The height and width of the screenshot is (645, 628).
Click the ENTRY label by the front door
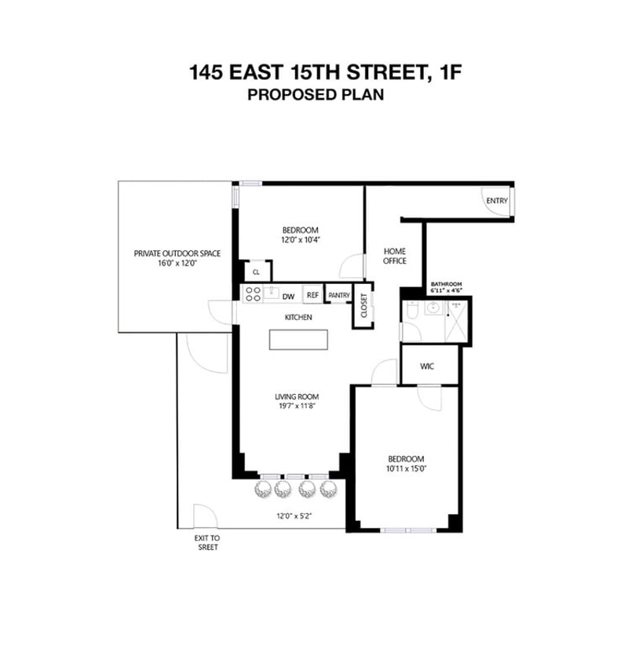(x=497, y=201)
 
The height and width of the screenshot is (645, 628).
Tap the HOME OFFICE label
(x=395, y=256)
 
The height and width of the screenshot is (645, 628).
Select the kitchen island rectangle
(x=298, y=340)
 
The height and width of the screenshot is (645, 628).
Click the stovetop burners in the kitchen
(x=253, y=294)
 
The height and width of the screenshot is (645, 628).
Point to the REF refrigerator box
(x=312, y=295)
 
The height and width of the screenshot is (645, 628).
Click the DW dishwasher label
(x=288, y=297)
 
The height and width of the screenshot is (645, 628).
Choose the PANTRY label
(x=339, y=295)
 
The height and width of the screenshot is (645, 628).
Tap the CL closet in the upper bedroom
(x=256, y=272)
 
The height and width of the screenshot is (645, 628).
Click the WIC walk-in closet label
(x=427, y=366)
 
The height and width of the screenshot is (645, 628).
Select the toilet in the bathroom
(x=412, y=310)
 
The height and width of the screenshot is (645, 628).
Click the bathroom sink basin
(x=433, y=308)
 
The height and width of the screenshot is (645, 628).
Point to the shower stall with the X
(x=457, y=322)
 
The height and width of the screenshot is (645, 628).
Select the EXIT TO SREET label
(x=207, y=542)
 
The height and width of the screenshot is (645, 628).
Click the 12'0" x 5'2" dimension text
(x=294, y=516)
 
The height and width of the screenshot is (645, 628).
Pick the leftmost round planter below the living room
(x=264, y=490)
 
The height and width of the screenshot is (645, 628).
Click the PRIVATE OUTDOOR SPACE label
(x=177, y=253)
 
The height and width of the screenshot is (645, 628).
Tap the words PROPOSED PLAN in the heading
(x=316, y=95)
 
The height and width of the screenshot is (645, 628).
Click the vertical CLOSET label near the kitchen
(x=363, y=305)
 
